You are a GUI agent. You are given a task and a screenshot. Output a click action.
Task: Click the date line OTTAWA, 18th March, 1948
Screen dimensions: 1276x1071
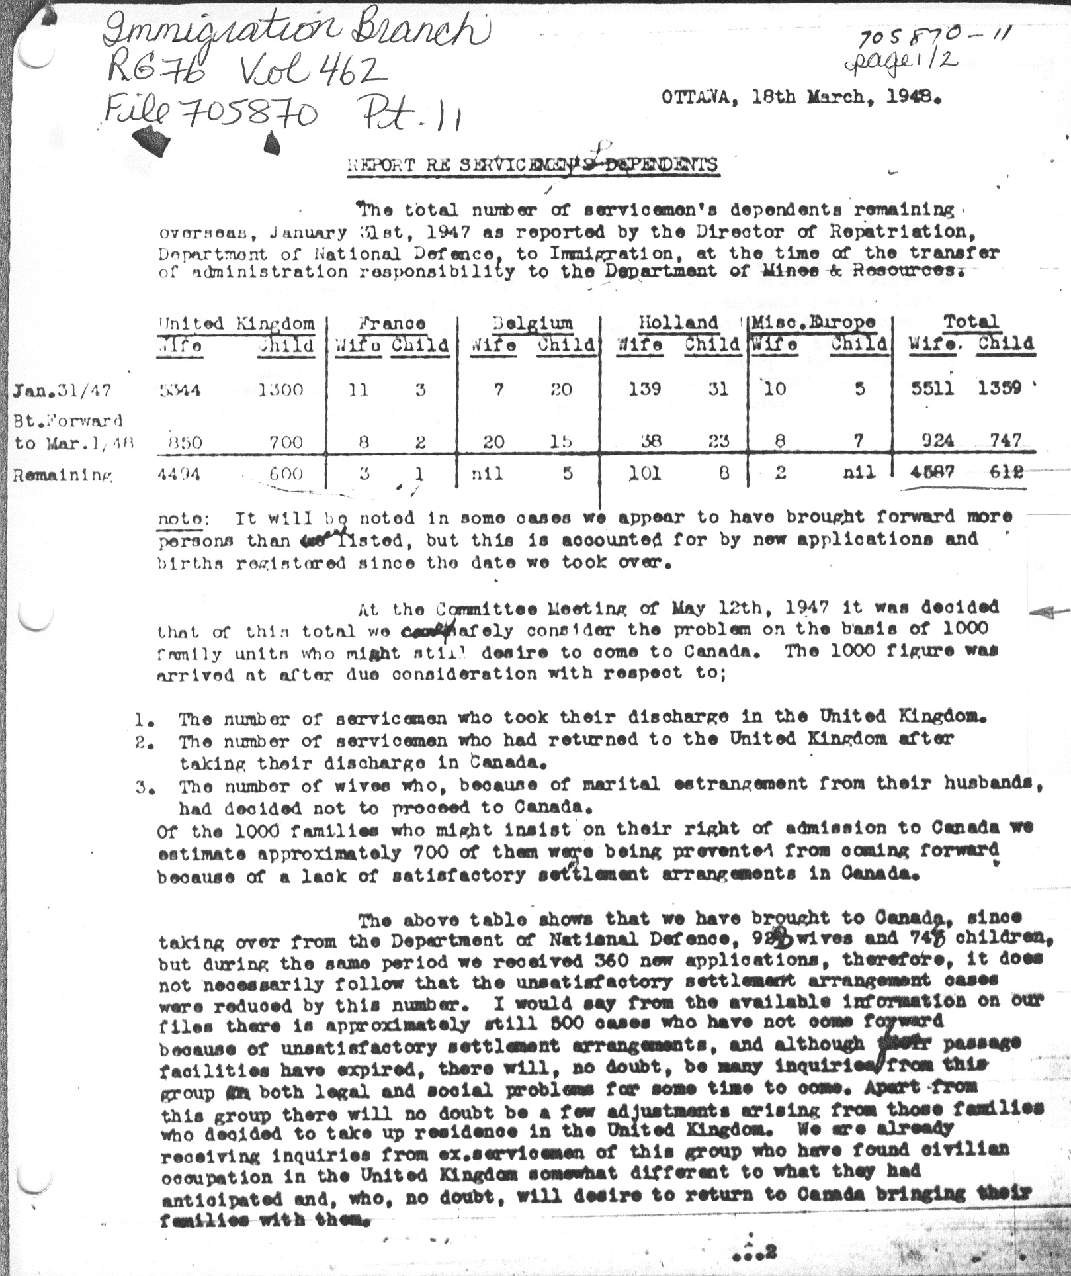[800, 97]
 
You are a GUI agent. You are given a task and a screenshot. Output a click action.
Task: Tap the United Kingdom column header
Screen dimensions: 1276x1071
[236, 323]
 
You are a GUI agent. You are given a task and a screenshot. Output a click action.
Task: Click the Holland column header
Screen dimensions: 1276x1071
[678, 322]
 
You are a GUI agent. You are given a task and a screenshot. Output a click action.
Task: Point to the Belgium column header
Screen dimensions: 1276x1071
[532, 322]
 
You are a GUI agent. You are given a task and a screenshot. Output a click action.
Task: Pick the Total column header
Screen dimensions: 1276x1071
[969, 322]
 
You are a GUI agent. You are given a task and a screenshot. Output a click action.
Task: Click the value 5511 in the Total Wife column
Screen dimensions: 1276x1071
[931, 388]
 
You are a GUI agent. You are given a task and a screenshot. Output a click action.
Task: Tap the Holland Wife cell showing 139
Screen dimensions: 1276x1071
[644, 388]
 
